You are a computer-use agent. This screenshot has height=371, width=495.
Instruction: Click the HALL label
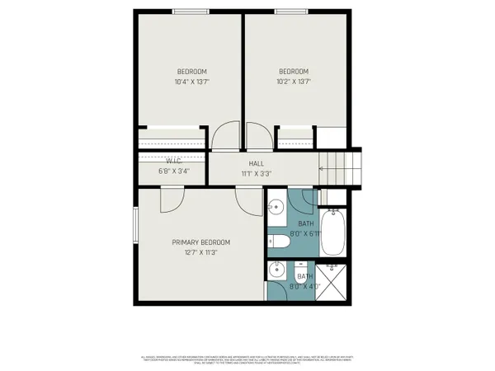(256, 163)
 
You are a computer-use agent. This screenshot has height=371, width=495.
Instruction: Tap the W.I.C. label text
(174, 162)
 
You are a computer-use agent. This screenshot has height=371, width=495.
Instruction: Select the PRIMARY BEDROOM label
(200, 242)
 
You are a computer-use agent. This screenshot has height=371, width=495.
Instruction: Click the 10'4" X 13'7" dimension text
(191, 82)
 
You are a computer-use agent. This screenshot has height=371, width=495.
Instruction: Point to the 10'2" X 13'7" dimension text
(293, 82)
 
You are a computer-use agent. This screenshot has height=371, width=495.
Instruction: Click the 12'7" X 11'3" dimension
(200, 253)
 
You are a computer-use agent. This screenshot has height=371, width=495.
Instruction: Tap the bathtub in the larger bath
(333, 233)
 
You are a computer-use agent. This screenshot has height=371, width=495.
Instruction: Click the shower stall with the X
(333, 282)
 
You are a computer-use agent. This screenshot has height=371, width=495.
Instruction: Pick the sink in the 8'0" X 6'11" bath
(276, 207)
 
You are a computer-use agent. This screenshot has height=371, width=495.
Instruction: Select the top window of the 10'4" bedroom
(191, 11)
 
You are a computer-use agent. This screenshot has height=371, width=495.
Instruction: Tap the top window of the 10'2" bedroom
(293, 11)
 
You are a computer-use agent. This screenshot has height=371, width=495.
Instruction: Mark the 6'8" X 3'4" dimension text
(174, 171)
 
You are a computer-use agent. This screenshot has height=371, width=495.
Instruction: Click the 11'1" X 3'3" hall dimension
(256, 174)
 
